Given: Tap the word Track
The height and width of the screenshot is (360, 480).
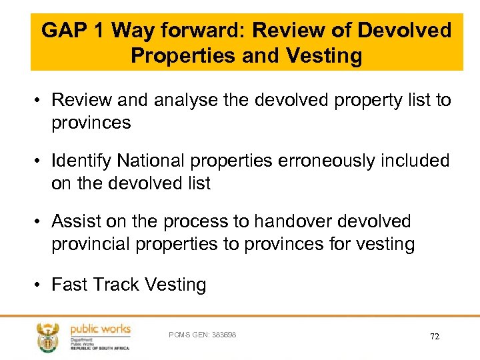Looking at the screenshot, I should point(116,285).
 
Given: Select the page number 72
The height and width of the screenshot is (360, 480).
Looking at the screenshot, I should point(435,337).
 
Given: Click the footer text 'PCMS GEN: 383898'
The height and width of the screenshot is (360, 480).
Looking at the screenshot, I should point(203,335).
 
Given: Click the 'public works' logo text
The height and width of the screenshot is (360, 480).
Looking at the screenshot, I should point(100,329).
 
